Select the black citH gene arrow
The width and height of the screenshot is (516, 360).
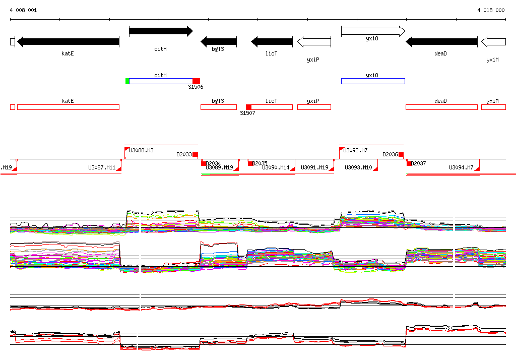tap(161, 31)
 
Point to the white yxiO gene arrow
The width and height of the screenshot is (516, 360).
tap(373, 31)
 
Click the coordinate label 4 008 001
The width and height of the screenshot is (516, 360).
tap(23, 10)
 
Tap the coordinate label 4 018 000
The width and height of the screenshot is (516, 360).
tap(491, 10)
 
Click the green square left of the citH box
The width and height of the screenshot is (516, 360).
tap(127, 81)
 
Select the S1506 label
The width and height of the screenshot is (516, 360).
tap(196, 87)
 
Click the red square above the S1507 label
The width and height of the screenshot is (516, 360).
tap(248, 107)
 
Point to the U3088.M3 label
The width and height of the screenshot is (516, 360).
tap(142, 150)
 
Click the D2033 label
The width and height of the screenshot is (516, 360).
tap(184, 155)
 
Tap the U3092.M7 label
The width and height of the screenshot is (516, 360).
tap(356, 150)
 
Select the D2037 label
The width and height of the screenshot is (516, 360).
tap(419, 164)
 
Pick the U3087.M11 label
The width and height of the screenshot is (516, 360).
tap(102, 168)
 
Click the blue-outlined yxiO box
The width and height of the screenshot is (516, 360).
tap(373, 81)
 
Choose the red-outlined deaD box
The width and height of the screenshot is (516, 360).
tap(441, 107)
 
